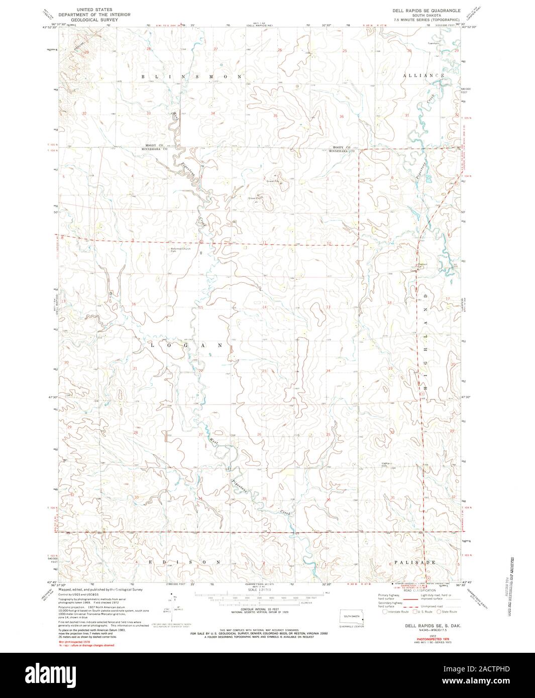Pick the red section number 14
[x=264, y=307]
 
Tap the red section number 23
[x=264, y=371]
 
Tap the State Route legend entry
[x=447, y=612]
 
